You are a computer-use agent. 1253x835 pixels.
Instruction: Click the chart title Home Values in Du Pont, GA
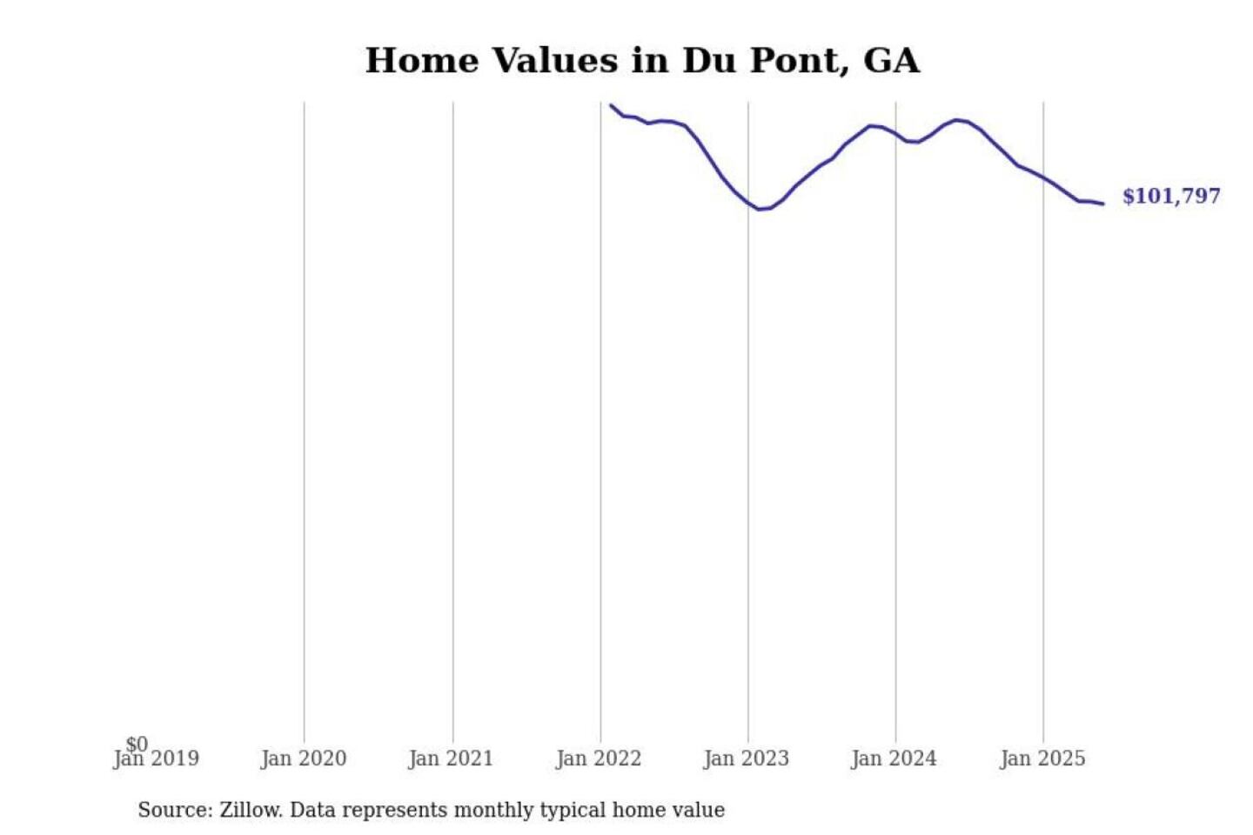click(x=642, y=61)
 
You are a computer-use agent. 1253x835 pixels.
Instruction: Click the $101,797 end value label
click(x=1171, y=197)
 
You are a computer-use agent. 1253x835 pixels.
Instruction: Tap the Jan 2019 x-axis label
click(x=157, y=759)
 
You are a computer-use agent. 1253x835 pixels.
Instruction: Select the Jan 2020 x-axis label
click(x=304, y=759)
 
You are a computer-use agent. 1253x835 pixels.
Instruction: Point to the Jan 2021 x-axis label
click(x=451, y=759)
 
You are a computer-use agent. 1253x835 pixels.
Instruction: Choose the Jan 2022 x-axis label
click(x=599, y=759)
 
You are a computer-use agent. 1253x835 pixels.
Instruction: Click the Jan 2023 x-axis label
click(x=747, y=759)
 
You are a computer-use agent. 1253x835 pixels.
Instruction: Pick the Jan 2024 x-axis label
click(x=895, y=759)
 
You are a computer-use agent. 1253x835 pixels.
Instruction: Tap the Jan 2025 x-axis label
click(x=1042, y=759)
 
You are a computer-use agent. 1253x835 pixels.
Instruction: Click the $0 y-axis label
click(x=137, y=745)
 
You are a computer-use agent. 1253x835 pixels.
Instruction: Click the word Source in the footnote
click(x=174, y=811)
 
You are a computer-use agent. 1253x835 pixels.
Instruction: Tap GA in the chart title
click(x=891, y=61)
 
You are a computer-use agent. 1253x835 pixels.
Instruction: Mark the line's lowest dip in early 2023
click(x=761, y=209)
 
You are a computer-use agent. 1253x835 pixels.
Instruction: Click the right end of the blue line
click(x=1102, y=204)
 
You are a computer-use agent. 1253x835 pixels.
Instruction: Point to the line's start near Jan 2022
click(x=612, y=106)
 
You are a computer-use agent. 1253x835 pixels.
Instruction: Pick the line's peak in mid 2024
click(x=957, y=120)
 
